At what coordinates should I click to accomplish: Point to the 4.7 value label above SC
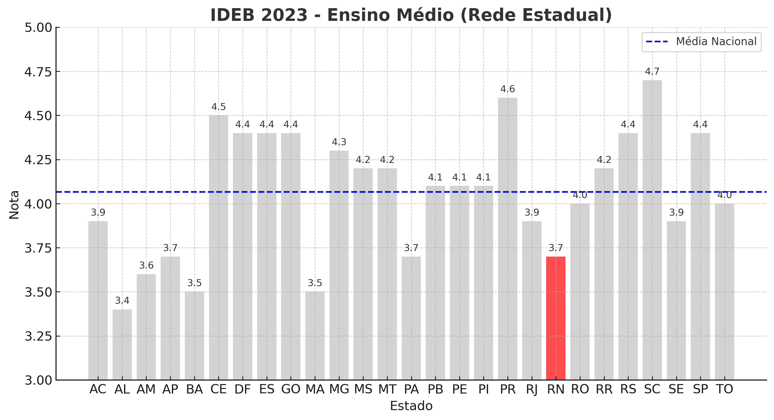652,72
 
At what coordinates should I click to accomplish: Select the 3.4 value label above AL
122,300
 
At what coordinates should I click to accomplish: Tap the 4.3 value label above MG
339,142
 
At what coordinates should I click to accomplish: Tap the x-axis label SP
700,389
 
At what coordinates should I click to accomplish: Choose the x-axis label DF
242,389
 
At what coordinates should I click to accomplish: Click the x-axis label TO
724,389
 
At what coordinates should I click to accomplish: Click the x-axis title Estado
411,406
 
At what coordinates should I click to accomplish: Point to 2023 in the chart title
284,15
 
